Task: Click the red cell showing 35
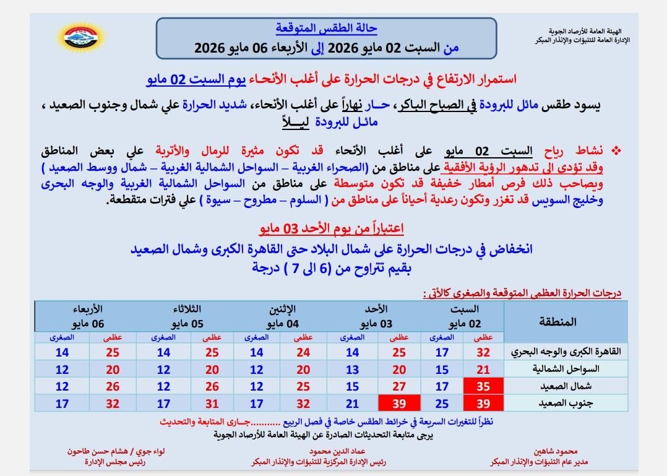483,386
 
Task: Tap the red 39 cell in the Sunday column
399,403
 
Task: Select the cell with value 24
303,352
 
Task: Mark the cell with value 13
352,370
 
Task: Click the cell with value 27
399,386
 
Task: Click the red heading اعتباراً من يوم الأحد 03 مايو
331,229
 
